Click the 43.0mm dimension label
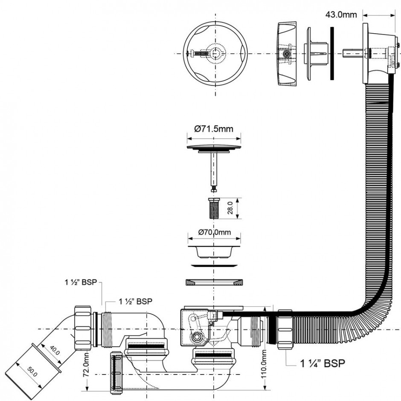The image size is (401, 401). tap(341, 15)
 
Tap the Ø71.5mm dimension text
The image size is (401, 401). tap(214, 128)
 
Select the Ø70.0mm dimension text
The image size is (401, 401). tap(214, 232)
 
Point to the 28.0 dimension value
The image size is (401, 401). tap(230, 208)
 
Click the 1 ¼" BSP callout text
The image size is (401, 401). tap(322, 363)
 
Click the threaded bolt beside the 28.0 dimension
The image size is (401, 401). tap(214, 208)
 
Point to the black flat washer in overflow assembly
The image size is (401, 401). tap(332, 53)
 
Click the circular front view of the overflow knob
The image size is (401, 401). tap(215, 54)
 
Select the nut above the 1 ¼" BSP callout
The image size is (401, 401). tap(285, 330)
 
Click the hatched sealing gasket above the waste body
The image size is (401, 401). tap(214, 282)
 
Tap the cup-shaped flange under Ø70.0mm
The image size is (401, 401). tap(214, 251)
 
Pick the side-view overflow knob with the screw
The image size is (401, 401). tap(287, 54)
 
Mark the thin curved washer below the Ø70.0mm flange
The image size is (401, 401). tap(214, 266)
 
